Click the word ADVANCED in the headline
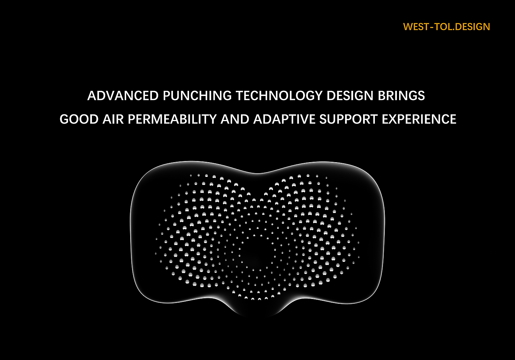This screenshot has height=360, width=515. coord(123,96)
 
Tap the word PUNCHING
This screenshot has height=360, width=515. coord(197,96)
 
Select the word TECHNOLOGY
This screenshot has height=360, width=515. coord(279,96)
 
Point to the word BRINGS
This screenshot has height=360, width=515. coord(401,96)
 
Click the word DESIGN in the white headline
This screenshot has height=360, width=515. coord(350,96)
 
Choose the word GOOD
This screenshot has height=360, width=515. coord(79,119)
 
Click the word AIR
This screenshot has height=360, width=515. coord(113,119)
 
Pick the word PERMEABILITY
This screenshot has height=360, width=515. coord(172,119)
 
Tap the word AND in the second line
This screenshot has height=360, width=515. coord(235,119)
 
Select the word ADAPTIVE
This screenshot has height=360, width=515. coord(284,119)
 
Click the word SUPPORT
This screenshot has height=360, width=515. coord(349,119)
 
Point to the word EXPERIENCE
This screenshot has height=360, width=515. coord(419,119)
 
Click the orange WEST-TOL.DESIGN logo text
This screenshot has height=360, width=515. coord(447,27)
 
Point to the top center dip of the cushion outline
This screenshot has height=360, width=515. coord(258,173)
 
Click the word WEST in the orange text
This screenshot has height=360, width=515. coord(416,27)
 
